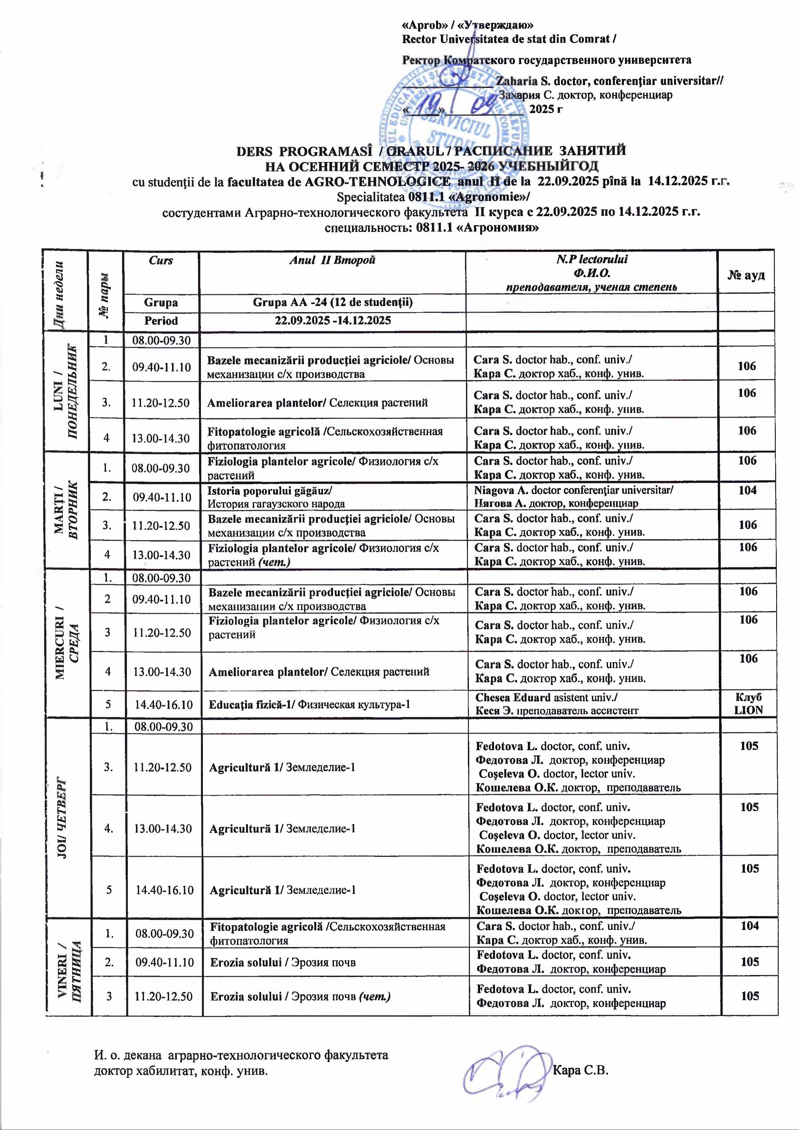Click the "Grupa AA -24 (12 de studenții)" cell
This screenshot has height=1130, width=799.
pyautogui.click(x=333, y=302)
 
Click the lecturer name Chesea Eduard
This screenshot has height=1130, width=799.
pyautogui.click(x=512, y=697)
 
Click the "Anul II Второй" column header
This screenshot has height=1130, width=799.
pyautogui.click(x=332, y=260)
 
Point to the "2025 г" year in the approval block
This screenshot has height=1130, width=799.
pyautogui.click(x=546, y=109)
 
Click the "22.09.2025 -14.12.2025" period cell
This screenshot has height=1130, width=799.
pyautogui.click(x=333, y=321)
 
